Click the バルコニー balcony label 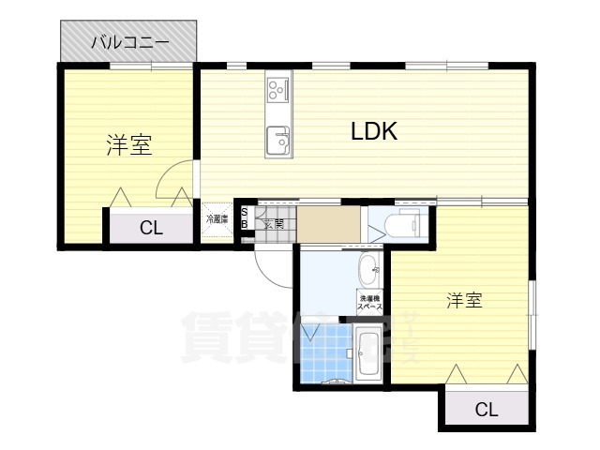129,42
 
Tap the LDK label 375,131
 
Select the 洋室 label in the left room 128,145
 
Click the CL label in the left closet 151,227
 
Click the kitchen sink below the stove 278,141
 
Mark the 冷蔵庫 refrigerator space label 217,219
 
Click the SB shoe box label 245,218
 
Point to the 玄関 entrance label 273,223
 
